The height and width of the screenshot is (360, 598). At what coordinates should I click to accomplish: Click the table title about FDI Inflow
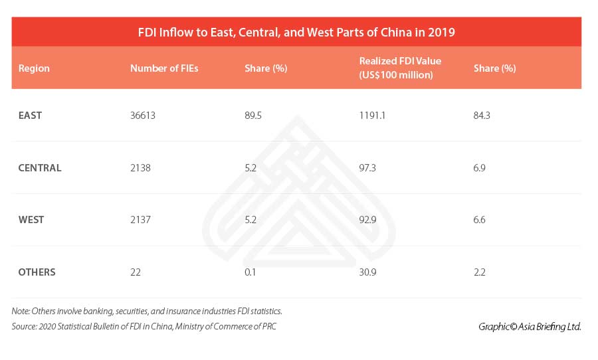click(x=296, y=32)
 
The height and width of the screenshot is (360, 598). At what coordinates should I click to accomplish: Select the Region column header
click(x=34, y=68)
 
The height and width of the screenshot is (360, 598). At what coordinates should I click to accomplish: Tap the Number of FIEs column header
click(x=164, y=68)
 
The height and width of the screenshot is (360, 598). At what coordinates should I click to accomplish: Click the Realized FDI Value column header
click(x=400, y=68)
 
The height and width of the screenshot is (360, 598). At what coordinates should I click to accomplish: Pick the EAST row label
click(x=30, y=116)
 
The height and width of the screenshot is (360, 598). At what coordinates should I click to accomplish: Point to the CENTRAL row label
click(x=40, y=168)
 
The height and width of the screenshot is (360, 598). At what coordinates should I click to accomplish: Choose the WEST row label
click(x=31, y=220)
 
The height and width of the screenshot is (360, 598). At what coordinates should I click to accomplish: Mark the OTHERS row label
click(x=37, y=272)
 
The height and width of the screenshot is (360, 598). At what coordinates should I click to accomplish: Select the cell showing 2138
click(x=141, y=168)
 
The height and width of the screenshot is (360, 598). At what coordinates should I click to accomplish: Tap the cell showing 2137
click(x=141, y=220)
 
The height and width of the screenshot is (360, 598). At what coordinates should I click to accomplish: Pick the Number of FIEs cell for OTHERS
click(x=136, y=272)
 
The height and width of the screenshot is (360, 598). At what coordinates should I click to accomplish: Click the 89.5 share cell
click(x=253, y=116)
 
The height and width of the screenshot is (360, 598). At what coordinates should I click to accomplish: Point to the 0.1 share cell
click(x=250, y=272)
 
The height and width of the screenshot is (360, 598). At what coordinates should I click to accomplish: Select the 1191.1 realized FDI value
click(x=372, y=116)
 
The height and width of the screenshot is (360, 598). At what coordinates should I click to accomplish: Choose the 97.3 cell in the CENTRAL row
click(x=367, y=168)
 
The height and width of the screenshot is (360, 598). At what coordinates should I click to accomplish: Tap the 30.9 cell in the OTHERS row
click(x=367, y=272)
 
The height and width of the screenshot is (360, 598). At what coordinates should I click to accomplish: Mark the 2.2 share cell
click(x=479, y=272)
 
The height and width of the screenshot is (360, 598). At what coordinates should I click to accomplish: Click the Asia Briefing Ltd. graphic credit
click(x=530, y=326)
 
